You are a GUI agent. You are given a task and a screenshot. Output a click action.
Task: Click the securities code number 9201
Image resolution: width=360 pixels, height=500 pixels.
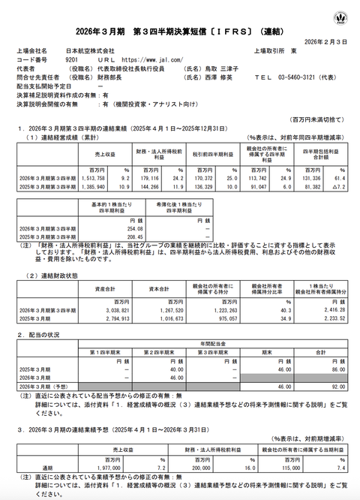tap(73, 57)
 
